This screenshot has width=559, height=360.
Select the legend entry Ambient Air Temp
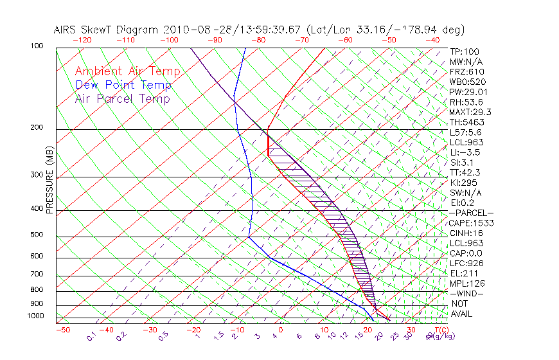pos(128,71)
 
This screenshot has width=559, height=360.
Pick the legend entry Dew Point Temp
pos(123,85)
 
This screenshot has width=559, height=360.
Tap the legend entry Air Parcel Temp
pos(123,98)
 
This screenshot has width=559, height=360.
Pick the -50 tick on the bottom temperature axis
pos(62,330)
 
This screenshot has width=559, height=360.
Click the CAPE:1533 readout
pos(467,223)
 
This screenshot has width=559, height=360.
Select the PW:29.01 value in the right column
pos(466,92)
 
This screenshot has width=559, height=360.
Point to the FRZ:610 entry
pos(467,72)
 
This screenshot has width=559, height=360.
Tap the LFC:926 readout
pos(465,264)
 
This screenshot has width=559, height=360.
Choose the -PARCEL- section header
pos(471,213)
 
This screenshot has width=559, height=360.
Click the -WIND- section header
pos(467,293)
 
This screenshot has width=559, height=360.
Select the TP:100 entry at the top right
pos(464,51)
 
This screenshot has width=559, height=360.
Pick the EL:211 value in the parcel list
pos(463,273)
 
